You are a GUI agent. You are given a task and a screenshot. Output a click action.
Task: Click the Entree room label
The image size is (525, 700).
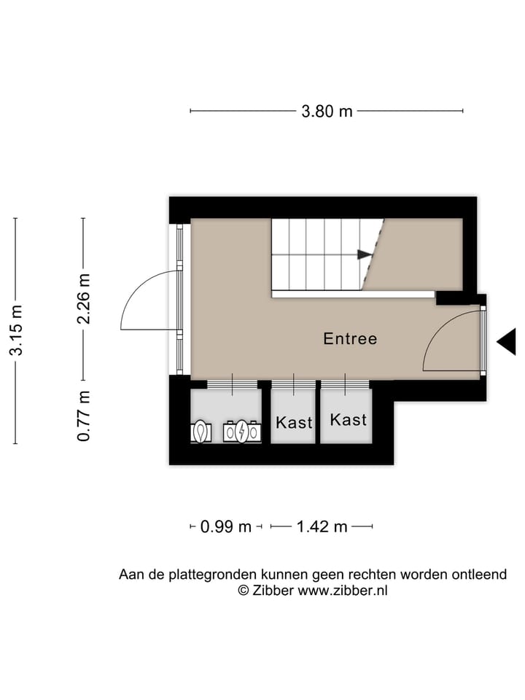tap(350, 339)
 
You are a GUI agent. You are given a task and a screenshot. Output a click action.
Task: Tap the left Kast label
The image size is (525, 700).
tap(294, 422)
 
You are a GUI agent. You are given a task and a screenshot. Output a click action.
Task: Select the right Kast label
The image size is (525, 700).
tap(348, 420)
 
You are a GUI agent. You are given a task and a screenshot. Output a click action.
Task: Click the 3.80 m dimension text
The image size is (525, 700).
tap(327, 112)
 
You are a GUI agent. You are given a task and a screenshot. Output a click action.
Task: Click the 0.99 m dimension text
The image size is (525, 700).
tap(225, 526)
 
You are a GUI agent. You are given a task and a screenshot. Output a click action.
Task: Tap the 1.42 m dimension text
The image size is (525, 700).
tap(322, 526)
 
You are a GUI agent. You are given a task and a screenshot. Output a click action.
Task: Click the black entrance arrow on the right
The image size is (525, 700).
tap(505, 341)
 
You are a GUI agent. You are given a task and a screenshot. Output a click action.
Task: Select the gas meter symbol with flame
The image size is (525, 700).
tap(201, 432)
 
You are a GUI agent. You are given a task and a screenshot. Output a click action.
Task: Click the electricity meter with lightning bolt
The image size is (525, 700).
tap(242, 432)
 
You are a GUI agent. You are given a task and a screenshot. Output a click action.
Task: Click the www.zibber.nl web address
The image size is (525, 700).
tap(343, 591)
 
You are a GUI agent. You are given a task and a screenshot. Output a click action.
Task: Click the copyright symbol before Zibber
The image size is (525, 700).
tap(244, 591)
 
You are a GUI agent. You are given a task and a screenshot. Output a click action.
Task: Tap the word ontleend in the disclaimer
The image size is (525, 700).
tap(478, 575)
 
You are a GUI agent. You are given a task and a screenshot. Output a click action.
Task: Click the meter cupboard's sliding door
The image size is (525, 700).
tap(232, 384)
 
